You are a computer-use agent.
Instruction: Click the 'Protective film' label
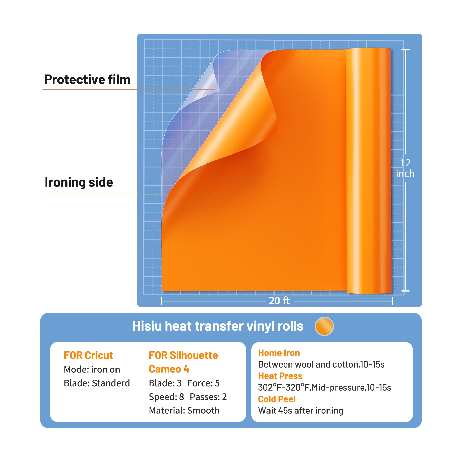click(87, 80)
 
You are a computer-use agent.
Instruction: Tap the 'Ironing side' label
click(79, 182)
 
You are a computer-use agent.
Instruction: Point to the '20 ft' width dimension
click(279, 301)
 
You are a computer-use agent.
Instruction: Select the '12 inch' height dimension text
click(405, 168)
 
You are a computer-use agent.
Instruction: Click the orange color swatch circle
click(324, 326)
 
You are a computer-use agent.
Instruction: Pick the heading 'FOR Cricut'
click(88, 355)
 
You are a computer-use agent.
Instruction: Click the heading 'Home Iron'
click(279, 353)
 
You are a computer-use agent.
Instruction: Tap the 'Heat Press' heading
click(280, 376)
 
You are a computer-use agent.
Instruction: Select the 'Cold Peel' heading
click(277, 399)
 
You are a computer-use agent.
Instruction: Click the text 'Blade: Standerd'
click(97, 383)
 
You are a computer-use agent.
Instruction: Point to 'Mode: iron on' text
click(92, 370)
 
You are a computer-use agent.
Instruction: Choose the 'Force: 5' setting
click(204, 383)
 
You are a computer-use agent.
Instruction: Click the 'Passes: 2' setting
click(208, 397)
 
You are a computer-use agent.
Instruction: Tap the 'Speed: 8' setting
click(166, 397)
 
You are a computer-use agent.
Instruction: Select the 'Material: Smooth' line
click(184, 411)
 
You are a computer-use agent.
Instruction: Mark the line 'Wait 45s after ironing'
click(301, 411)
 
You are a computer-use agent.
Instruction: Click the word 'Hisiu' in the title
click(147, 326)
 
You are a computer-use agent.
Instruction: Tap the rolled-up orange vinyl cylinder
click(369, 171)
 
